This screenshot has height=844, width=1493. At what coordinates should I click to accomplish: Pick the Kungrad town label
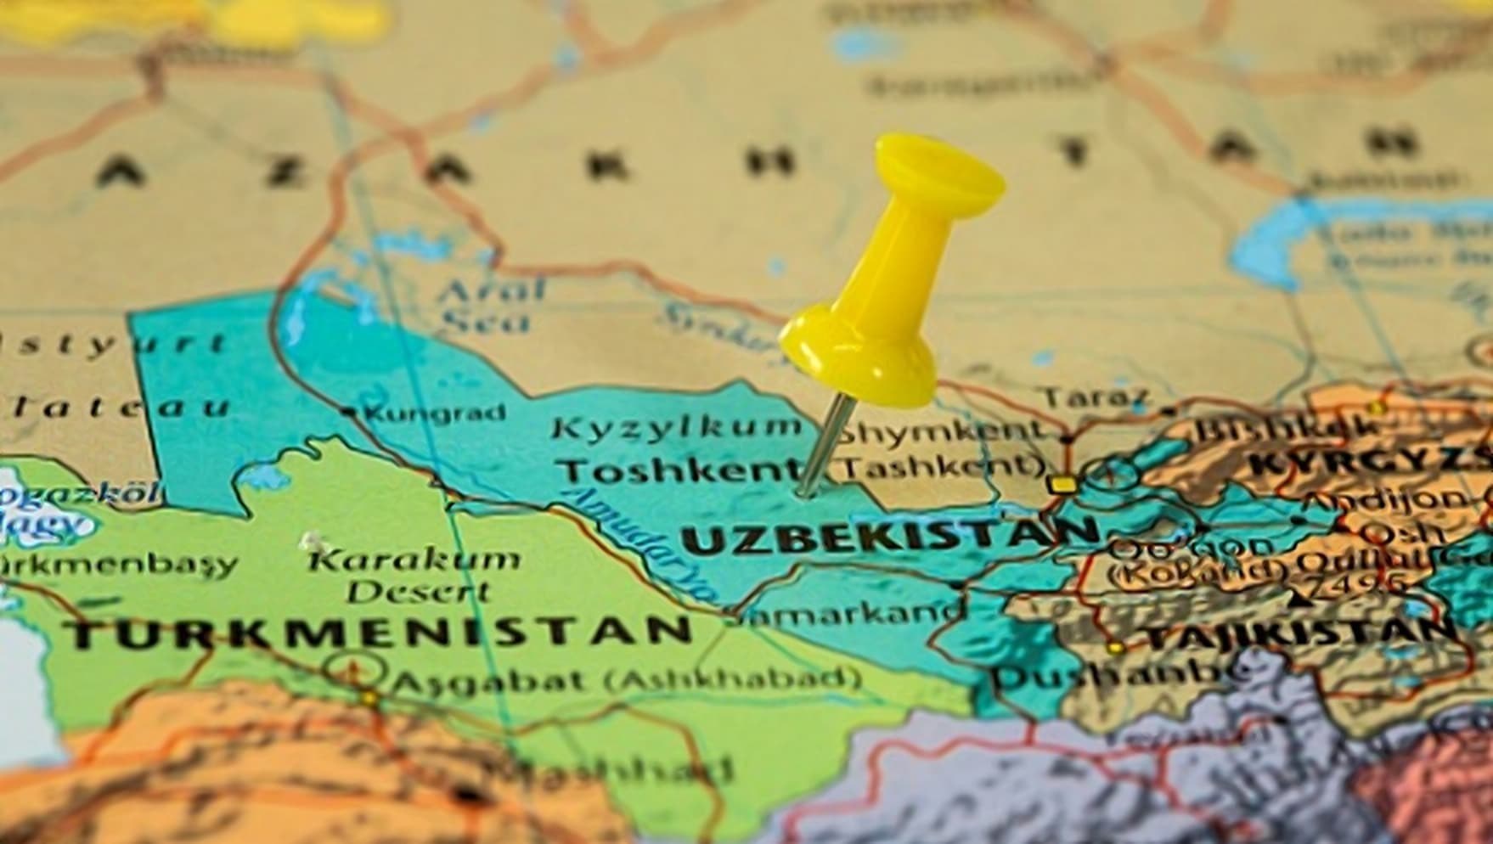coord(435,414)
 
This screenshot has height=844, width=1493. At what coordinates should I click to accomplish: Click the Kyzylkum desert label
coord(675,427)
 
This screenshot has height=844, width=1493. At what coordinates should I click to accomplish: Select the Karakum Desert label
coord(414,575)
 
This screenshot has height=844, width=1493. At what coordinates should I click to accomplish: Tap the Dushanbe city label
coord(1121,675)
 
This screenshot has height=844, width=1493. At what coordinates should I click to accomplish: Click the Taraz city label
coord(1096,397)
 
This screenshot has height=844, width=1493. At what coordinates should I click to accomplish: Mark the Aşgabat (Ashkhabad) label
coord(624,679)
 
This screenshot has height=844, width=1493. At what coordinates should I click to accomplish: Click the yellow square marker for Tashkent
coord(1061,485)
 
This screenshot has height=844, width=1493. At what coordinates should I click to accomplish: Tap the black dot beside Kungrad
coord(348,412)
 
